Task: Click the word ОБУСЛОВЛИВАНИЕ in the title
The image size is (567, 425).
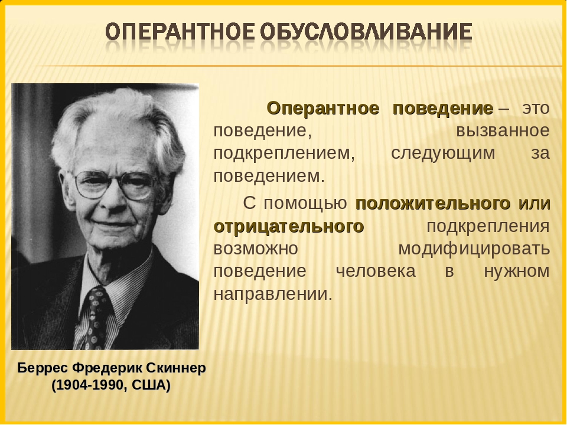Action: [365, 31]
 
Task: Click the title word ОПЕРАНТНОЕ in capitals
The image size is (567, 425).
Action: [180, 31]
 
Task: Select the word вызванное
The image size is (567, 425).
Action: [503, 131]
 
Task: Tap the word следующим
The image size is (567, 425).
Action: [443, 154]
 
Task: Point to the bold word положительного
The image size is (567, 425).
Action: [433, 204]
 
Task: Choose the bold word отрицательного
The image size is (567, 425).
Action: [289, 227]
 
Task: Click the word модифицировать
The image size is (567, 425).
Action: [474, 249]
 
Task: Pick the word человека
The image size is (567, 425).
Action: [376, 272]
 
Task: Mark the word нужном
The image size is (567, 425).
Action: [517, 272]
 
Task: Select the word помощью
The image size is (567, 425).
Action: [305, 204]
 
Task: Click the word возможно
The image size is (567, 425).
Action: [256, 249]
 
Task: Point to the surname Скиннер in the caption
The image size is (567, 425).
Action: [176, 368]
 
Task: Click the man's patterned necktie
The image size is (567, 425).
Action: [94, 318]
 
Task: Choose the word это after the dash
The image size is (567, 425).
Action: [536, 109]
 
